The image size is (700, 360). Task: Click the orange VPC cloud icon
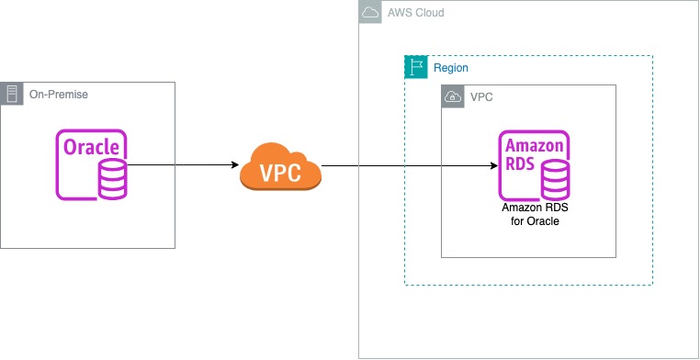tap(280, 166)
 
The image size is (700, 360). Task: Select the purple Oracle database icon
tap(92, 165)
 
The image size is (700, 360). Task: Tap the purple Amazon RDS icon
tap(534, 165)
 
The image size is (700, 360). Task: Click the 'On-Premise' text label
tap(59, 95)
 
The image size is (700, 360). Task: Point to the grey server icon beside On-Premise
tap(12, 94)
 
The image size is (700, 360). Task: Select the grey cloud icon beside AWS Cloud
tap(370, 13)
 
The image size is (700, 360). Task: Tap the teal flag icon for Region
tap(416, 67)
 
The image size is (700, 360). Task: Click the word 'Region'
tap(452, 68)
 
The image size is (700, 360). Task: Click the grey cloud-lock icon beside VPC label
tap(452, 96)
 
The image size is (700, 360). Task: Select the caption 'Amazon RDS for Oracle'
tap(534, 215)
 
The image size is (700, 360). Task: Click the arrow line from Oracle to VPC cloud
tap(179, 165)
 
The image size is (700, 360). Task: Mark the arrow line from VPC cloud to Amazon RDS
tap(404, 166)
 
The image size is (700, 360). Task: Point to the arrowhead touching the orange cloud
tap(234, 165)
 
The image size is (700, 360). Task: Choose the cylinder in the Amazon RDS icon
tap(554, 180)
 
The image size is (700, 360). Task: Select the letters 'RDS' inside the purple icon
tap(521, 166)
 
